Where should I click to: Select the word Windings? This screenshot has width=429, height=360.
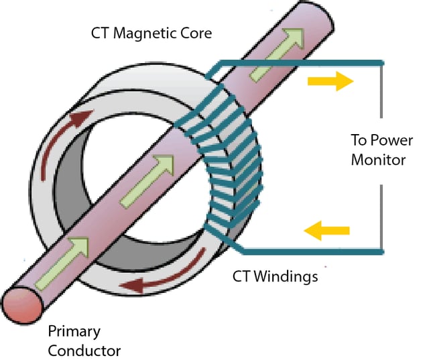(x=285, y=277)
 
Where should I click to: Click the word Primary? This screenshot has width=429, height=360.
(x=74, y=331)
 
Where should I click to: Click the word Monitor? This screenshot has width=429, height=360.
(x=378, y=160)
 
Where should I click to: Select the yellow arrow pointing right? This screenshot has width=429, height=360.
(x=330, y=82)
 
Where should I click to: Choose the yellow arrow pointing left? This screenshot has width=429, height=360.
(x=326, y=231)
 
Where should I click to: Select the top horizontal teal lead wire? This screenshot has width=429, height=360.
(x=302, y=64)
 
